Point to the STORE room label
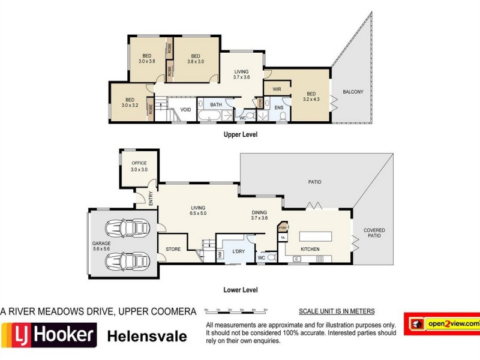click(x=173, y=249)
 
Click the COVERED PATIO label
click(x=374, y=233)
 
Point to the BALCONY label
click(x=353, y=92)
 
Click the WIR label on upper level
click(x=277, y=89)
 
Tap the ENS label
click(x=279, y=107)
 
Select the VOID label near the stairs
click(x=185, y=110)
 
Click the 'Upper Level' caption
click(x=241, y=135)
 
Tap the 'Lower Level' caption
click(x=241, y=290)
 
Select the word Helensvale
click(x=146, y=336)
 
